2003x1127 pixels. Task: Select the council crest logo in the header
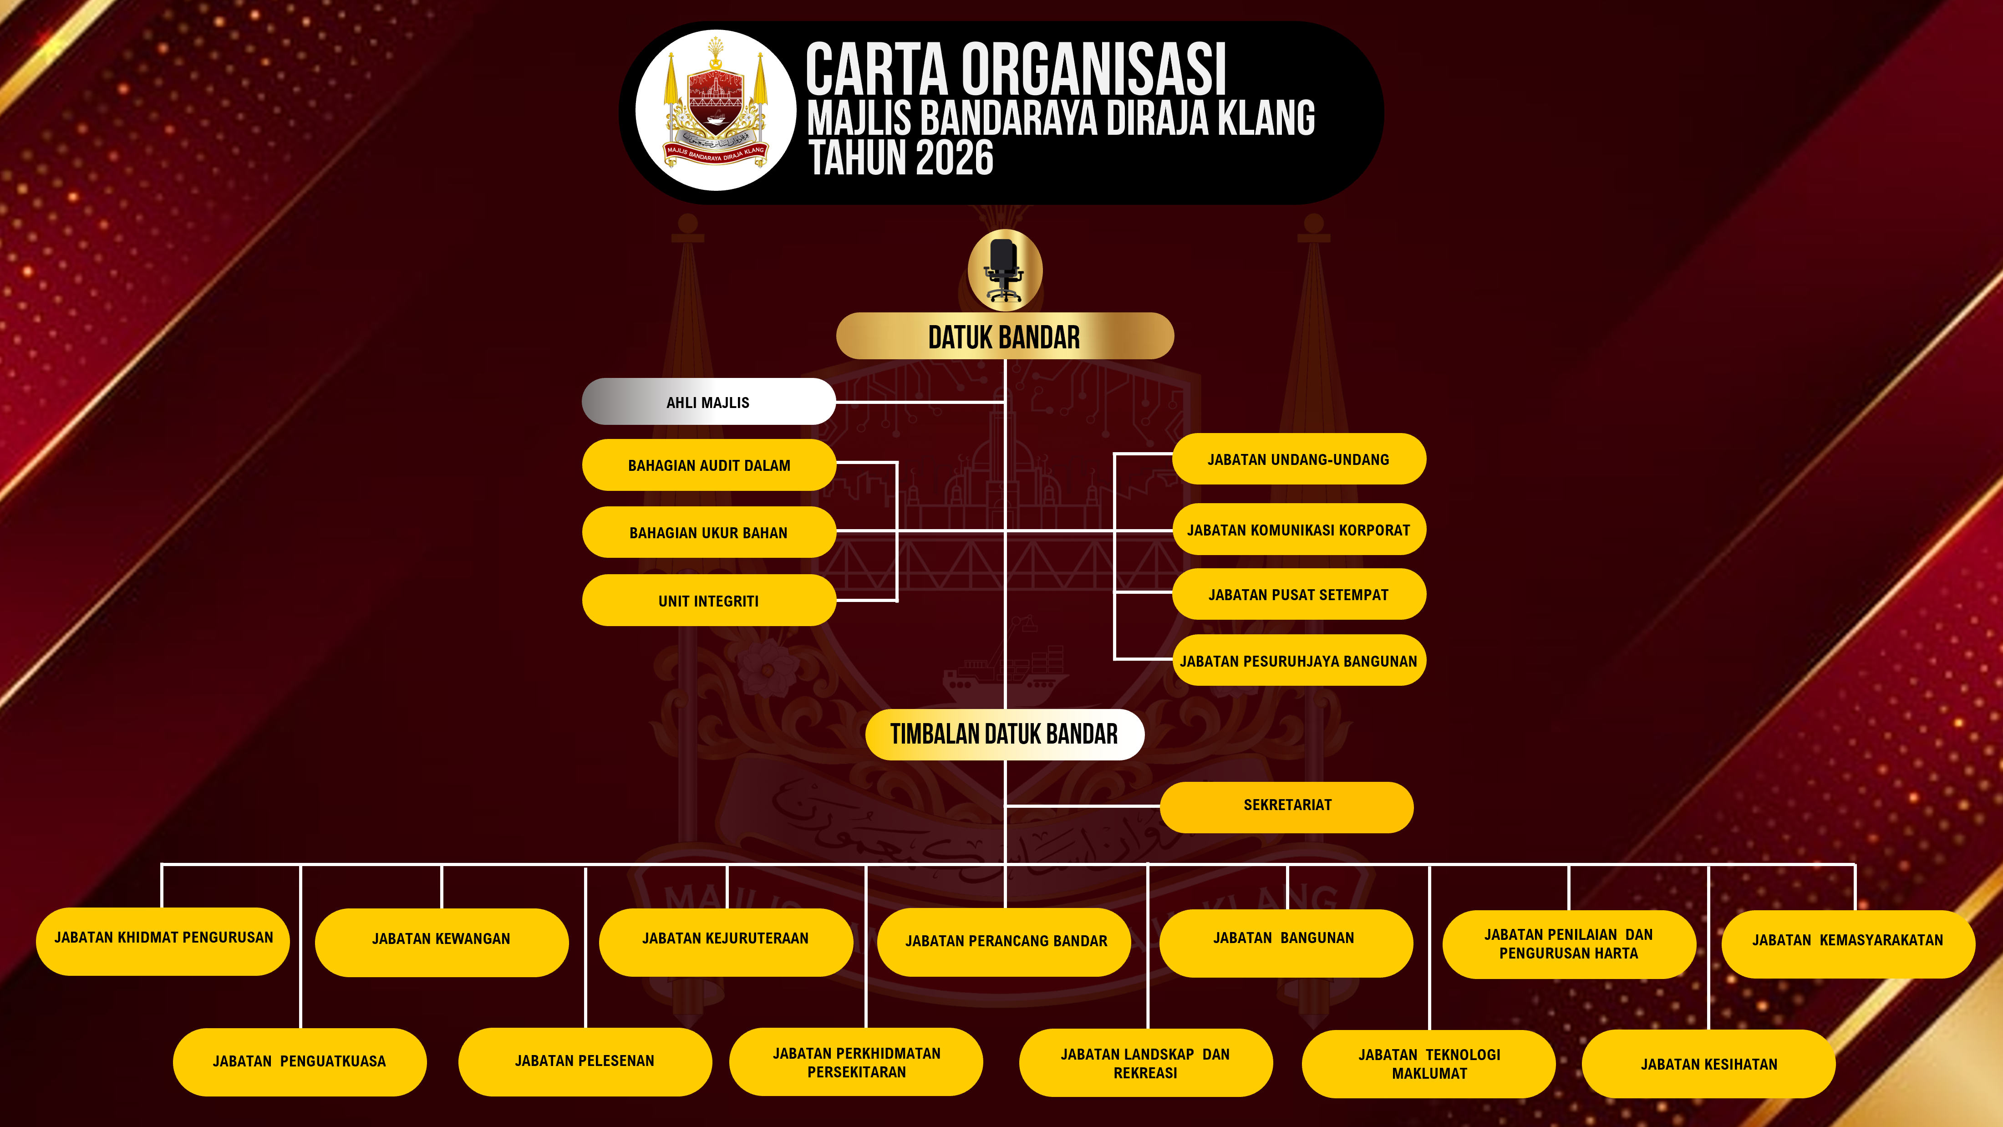click(x=715, y=111)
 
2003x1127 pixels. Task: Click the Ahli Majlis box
click(x=707, y=402)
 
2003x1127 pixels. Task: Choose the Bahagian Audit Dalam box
click(x=708, y=465)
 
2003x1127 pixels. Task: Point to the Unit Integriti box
click(x=708, y=601)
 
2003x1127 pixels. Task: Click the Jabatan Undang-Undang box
click(x=1298, y=459)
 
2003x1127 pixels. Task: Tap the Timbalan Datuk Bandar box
click(x=1004, y=734)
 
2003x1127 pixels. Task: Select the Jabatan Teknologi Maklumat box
click(x=1429, y=1063)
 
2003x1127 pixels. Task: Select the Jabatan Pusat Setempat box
click(x=1298, y=594)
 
